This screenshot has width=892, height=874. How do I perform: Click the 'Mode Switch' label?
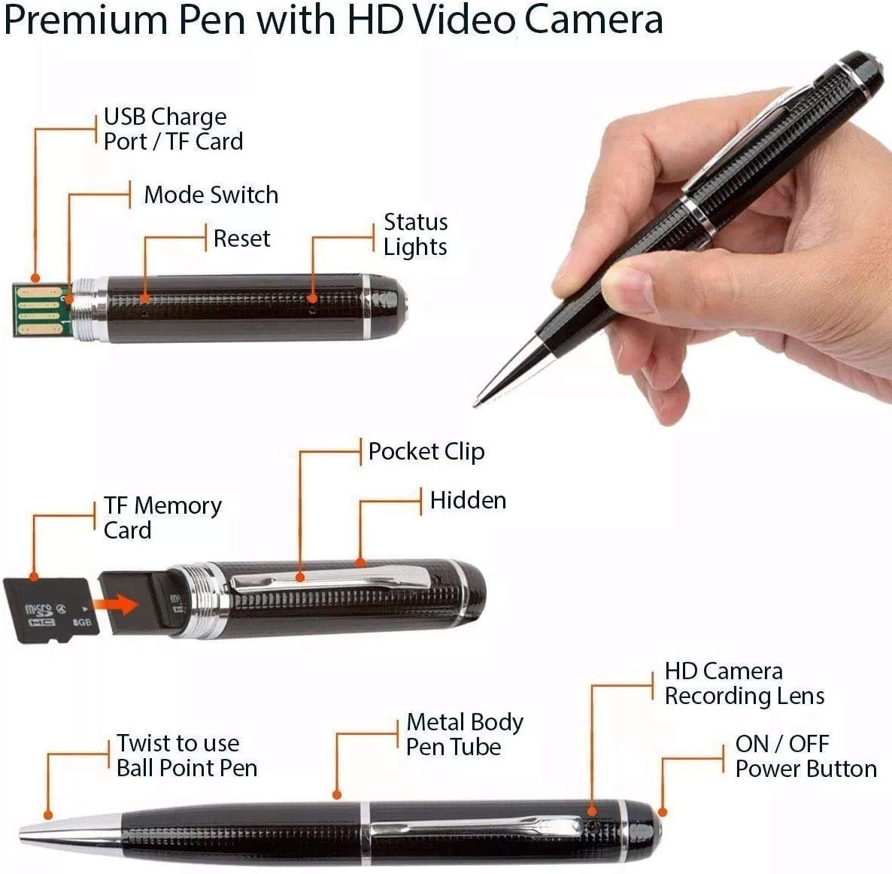211,196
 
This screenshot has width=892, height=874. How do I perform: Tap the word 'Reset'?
241,238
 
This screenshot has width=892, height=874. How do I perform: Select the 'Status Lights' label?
415,235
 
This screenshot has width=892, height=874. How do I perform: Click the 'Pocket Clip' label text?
426,451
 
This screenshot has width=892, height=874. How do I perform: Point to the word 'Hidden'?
468,501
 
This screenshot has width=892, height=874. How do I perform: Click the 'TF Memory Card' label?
162,517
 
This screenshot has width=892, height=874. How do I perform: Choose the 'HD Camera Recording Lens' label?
744,684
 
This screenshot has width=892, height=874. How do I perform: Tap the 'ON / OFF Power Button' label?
806,757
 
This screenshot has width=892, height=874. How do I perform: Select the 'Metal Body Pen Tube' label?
464,735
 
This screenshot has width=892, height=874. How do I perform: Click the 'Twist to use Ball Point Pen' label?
187,755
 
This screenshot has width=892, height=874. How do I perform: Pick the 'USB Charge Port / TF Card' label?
173,129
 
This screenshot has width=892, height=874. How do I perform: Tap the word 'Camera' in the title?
593,20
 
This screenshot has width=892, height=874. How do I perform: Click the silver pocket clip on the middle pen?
331,580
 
